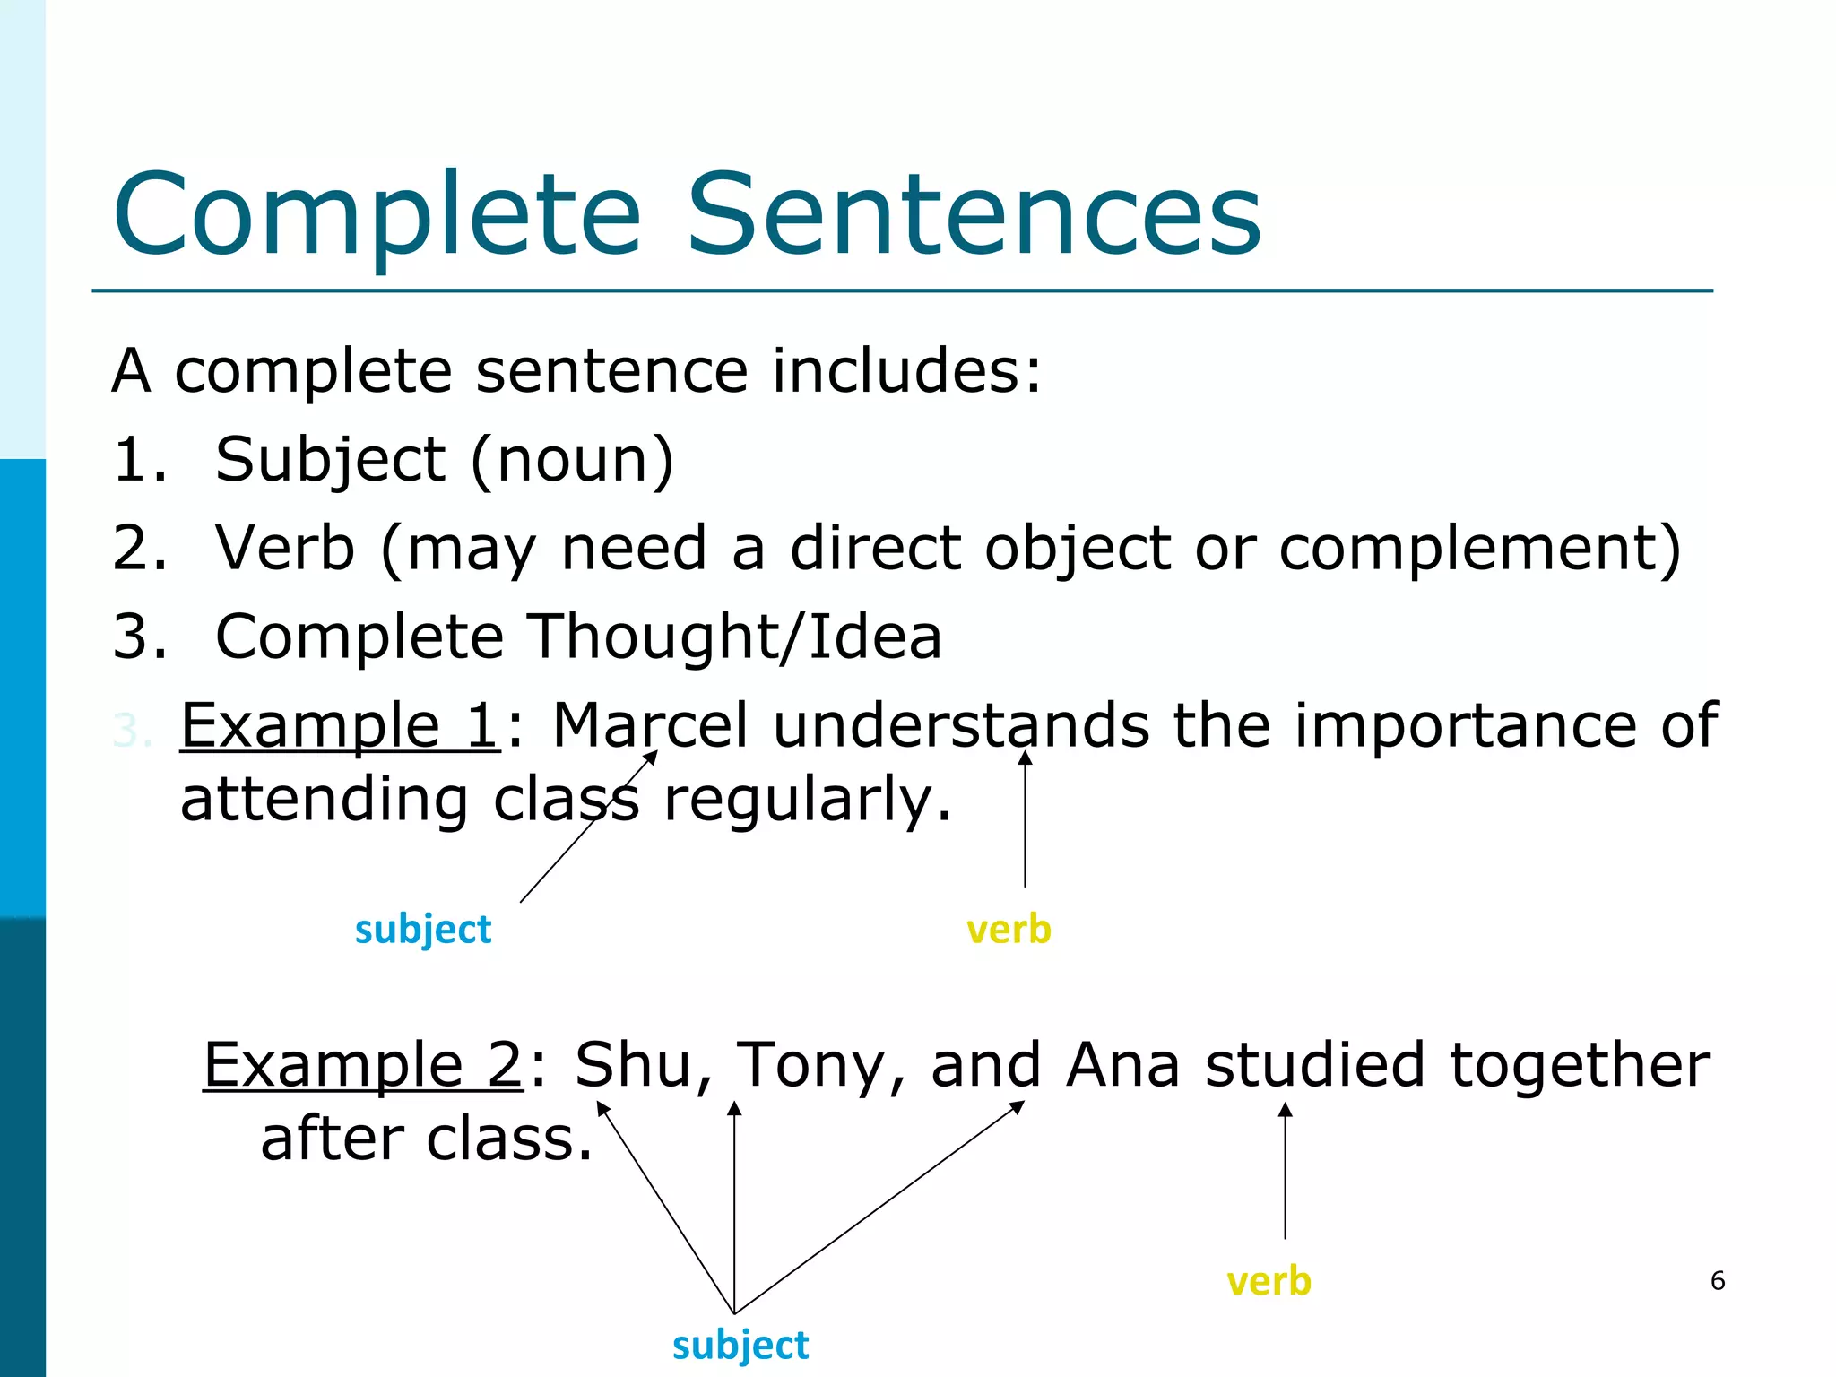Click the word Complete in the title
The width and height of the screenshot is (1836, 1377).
[x=377, y=215]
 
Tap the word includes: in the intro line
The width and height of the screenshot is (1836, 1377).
[x=907, y=370]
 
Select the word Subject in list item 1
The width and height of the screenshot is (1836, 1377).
[x=330, y=460]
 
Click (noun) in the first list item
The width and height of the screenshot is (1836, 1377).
[x=572, y=460]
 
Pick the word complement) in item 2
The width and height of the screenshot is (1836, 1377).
[x=1479, y=548]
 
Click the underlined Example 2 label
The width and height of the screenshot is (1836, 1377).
[x=362, y=1064]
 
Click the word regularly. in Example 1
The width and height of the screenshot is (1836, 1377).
[x=807, y=800]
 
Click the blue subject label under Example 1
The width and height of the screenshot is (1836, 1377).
[x=423, y=930]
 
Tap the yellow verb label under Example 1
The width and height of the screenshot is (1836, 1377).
[x=1009, y=930]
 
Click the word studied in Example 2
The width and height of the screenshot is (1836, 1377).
[x=1313, y=1064]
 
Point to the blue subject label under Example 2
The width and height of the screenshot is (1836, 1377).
[x=740, y=1346]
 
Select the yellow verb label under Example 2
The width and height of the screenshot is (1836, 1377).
[x=1269, y=1282]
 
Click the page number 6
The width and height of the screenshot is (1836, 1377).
[x=1717, y=1280]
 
